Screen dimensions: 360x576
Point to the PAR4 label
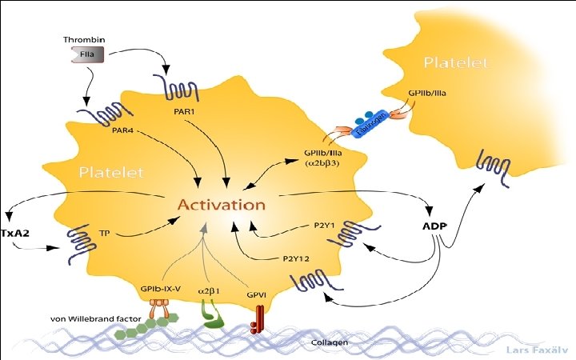click(x=122, y=130)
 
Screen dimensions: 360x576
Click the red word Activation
click(x=221, y=204)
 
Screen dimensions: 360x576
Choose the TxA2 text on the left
click(x=16, y=233)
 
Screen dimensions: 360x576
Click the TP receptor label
click(x=103, y=234)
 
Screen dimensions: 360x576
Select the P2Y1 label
click(x=324, y=227)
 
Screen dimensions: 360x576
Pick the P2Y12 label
click(x=297, y=258)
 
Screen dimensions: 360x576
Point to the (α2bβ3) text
click(x=323, y=164)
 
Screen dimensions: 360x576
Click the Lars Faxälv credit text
click(x=538, y=350)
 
